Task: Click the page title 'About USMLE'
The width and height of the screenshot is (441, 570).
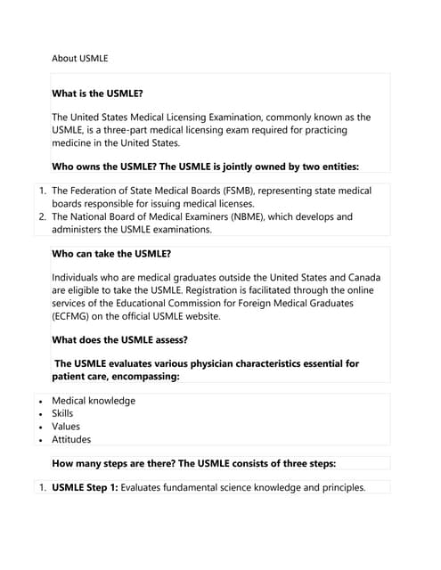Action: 80,58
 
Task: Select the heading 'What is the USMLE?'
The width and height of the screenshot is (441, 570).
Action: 97,94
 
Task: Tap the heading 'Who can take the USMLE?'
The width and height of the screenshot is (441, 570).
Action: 111,254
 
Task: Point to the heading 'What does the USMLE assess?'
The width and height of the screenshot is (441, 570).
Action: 119,339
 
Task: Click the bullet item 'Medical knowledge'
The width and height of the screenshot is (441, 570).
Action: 94,401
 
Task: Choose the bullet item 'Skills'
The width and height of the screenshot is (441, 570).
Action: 62,413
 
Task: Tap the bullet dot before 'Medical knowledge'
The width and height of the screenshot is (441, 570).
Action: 41,402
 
